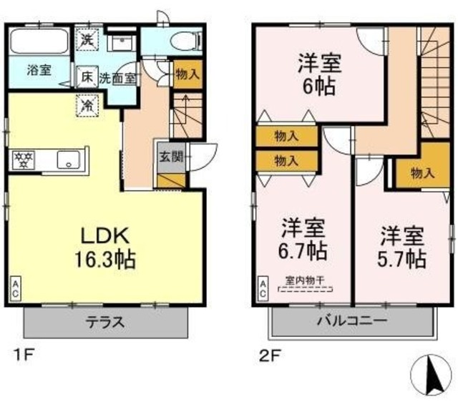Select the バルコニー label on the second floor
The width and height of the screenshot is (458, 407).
pyautogui.click(x=351, y=322)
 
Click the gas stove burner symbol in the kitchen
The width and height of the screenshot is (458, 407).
pyautogui.click(x=21, y=160)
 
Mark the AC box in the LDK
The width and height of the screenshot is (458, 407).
pyautogui.click(x=15, y=287)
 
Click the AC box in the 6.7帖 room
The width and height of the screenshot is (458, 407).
pyautogui.click(x=263, y=288)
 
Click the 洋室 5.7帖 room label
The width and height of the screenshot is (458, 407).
pyautogui.click(x=402, y=245)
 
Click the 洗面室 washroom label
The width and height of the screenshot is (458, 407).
pyautogui.click(x=117, y=77)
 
